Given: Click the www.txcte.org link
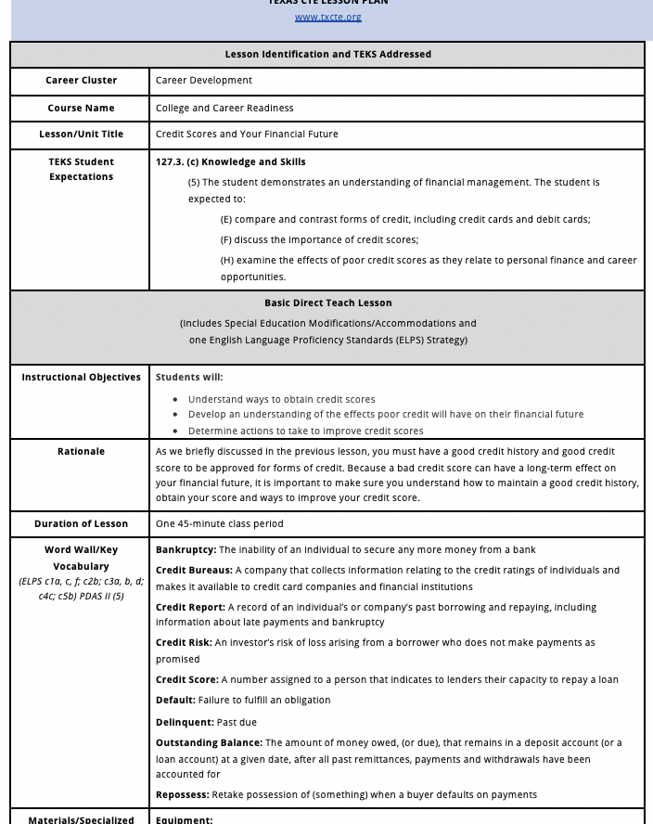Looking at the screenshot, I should coord(327,17).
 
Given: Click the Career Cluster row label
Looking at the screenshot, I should coord(82,81).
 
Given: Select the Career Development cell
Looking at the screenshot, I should coord(204,81).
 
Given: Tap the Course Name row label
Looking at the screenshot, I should coord(82,108).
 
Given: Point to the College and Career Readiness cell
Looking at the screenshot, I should coord(224,108).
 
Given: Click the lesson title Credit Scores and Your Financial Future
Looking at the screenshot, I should coord(247,135).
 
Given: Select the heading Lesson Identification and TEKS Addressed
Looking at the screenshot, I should coord(327,55).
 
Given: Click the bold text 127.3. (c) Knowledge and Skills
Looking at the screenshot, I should coord(230,162).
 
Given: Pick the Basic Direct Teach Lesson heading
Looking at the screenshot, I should coord(327,303).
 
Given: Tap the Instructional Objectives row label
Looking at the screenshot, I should coord(82,378).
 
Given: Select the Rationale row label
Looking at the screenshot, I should coord(82,452).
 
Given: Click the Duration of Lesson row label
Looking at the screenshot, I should coord(82,524).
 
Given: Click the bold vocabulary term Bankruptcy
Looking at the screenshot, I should coord(186,550).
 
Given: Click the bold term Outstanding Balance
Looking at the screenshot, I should coord(210,743).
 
